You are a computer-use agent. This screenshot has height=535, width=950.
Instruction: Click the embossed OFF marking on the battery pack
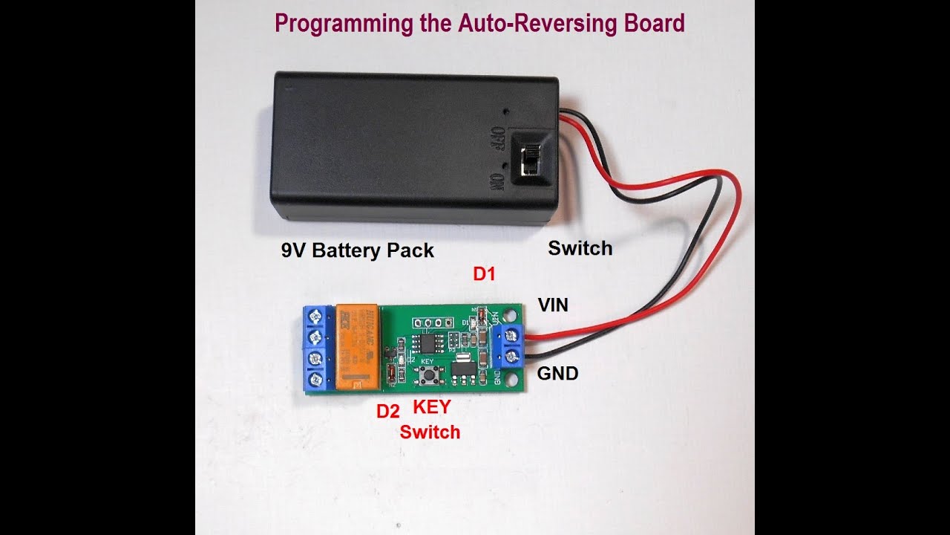[x=498, y=139]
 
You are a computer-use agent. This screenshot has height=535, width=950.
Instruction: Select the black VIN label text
[x=553, y=304]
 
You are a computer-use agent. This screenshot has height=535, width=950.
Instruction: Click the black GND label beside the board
[x=557, y=373]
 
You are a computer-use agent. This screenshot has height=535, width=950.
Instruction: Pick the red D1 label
[x=484, y=274]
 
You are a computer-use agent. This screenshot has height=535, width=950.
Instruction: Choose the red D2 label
[x=387, y=411]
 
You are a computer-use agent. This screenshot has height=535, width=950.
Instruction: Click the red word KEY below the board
[x=431, y=407]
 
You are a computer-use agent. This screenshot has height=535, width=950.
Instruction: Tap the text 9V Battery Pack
[x=357, y=250]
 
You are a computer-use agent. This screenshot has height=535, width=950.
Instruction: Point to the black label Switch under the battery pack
[x=580, y=248]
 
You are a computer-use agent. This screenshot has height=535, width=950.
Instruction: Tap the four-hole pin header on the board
[x=433, y=323]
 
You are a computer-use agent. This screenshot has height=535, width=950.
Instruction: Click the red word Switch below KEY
[x=430, y=432]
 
